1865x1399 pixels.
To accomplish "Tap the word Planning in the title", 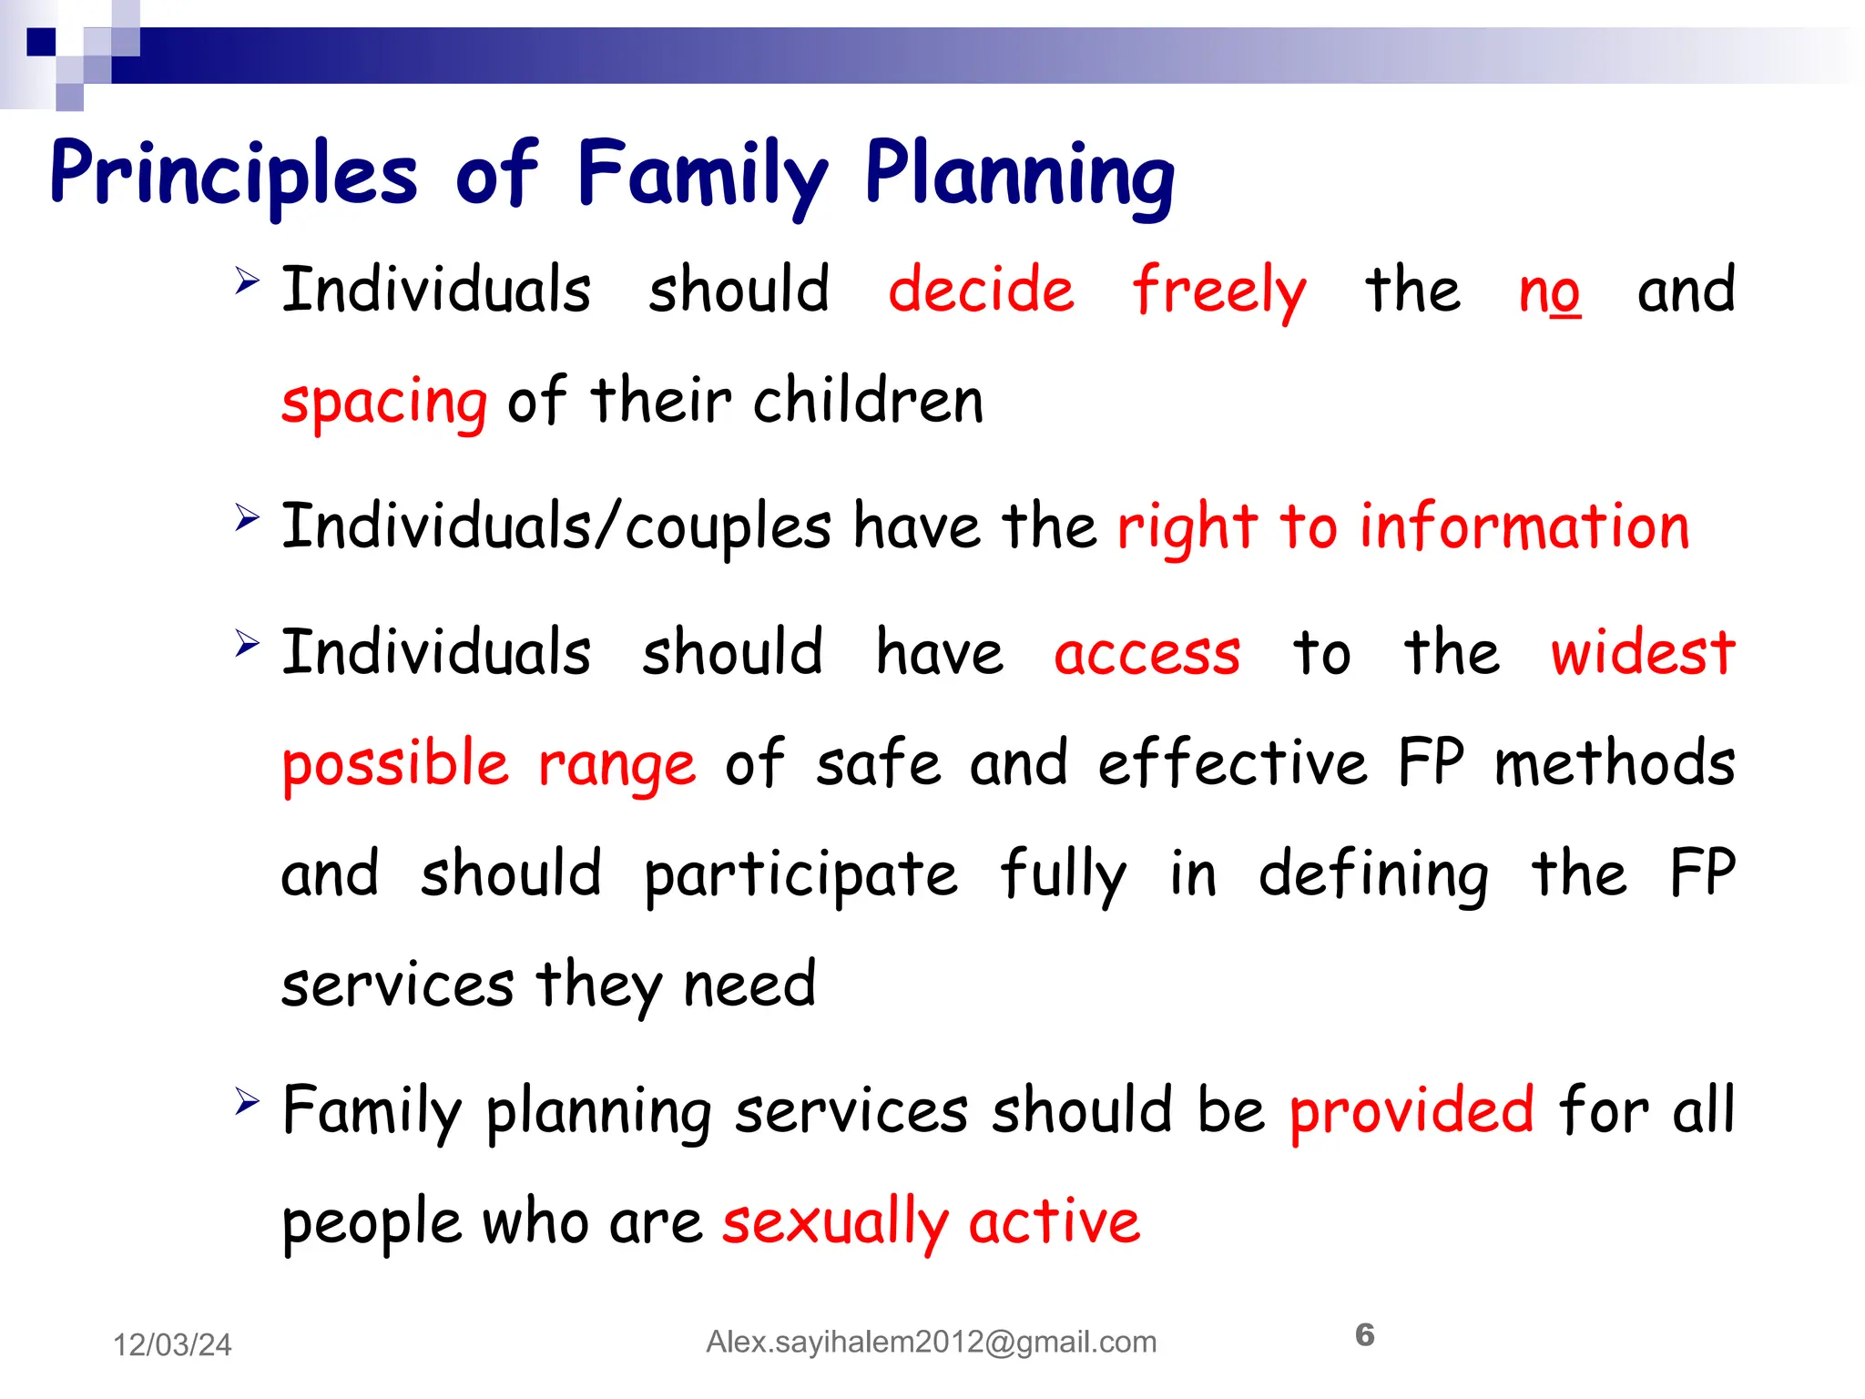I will tap(1019, 175).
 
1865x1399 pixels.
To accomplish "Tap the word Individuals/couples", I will tap(555, 528).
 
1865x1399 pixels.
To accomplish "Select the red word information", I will tap(1524, 527).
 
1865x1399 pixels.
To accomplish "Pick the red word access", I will tap(1147, 655).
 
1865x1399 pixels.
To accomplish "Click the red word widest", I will tap(1643, 653).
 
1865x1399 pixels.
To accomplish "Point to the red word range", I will tap(617, 765).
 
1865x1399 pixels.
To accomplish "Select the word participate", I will tap(800, 875).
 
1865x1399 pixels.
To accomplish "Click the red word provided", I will tap(1411, 1111).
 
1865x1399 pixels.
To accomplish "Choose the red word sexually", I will tap(835, 1223).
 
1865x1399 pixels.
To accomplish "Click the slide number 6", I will tap(1364, 1335).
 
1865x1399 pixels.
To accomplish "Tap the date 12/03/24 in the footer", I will tap(172, 1345).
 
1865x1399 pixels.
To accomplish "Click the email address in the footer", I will tap(931, 1343).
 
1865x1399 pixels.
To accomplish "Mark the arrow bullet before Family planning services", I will tap(246, 1100).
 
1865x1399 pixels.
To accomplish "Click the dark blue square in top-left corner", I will tap(41, 42).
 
